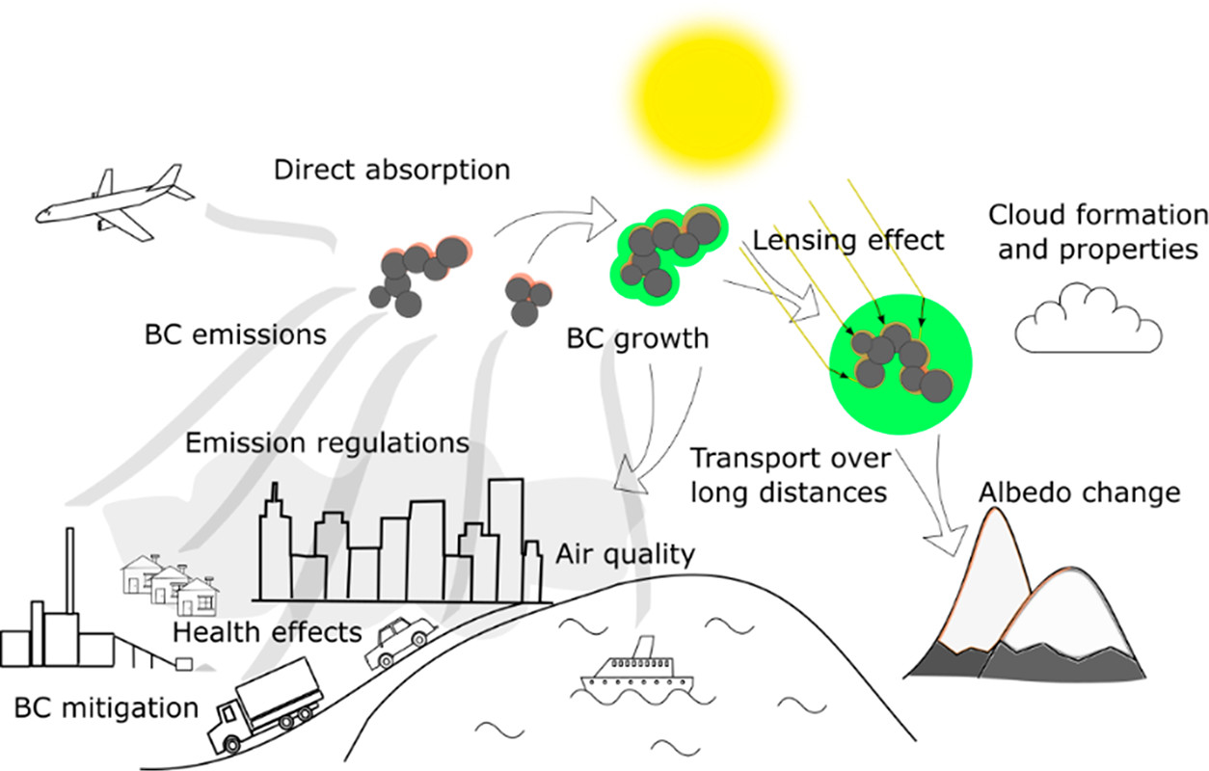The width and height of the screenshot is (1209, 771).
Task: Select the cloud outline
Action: pos(1088,321)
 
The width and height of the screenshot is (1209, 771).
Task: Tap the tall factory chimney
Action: pos(69,578)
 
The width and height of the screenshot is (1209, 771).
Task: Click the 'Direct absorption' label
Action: pos(391,171)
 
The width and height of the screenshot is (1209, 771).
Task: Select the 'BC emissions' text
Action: pos(235,335)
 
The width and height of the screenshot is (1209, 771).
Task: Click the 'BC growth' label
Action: pos(637,339)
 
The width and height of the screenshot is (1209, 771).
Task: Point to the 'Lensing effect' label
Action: pos(848,239)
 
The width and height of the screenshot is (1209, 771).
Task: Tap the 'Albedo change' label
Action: pos(1079,492)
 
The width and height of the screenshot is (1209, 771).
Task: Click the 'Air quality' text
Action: pos(625,554)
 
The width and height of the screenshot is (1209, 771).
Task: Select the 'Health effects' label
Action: pos(267,632)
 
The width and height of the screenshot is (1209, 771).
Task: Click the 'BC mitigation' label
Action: pos(106,708)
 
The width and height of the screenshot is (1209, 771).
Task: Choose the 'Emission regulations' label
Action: pos(327,443)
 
